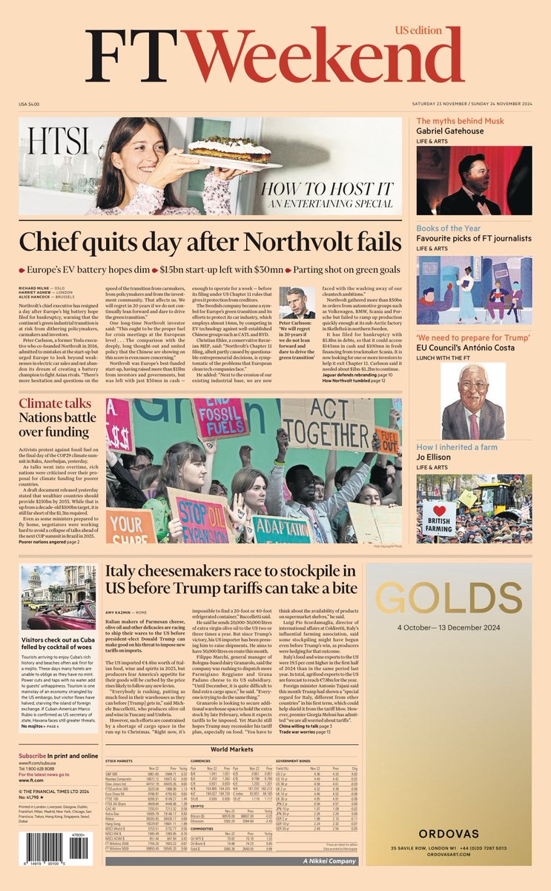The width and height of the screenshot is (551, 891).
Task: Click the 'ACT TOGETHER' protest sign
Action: point(331,424)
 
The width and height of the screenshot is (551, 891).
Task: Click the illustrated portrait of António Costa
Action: point(473,402)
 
